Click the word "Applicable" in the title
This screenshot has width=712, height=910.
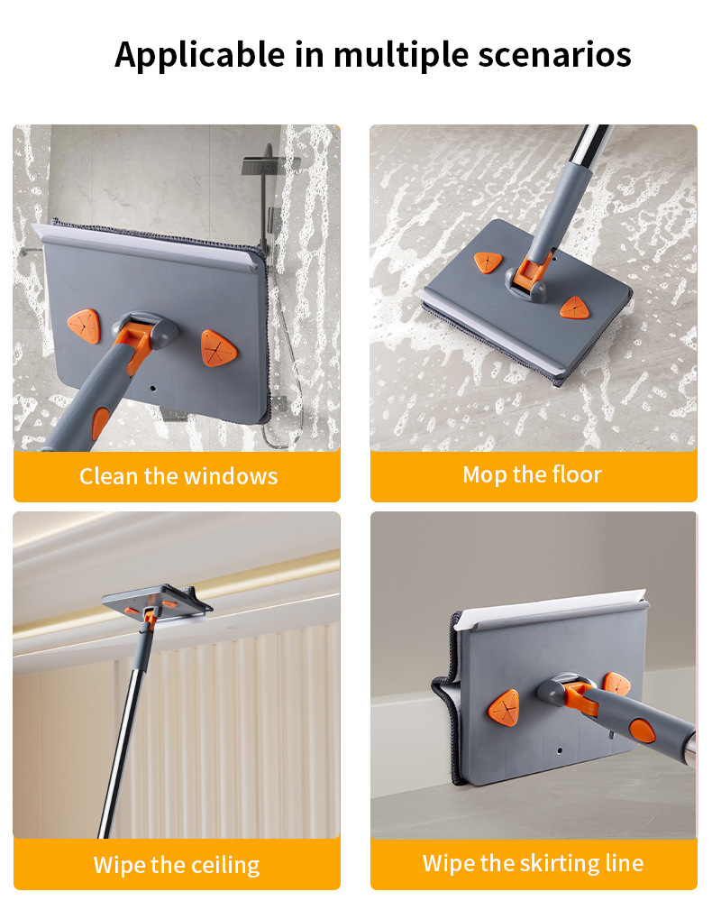(199, 56)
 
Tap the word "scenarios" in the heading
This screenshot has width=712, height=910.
(555, 55)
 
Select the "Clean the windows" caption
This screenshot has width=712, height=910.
(178, 476)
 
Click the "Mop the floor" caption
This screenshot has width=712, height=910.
(533, 474)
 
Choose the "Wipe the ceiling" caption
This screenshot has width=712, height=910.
(177, 865)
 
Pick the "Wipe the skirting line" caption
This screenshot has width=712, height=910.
(534, 863)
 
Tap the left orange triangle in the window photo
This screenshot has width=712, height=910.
(84, 326)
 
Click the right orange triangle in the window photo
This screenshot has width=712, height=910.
(219, 348)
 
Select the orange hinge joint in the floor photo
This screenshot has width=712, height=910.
(532, 271)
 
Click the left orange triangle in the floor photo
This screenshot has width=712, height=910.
(488, 262)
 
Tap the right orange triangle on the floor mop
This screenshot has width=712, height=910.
(575, 308)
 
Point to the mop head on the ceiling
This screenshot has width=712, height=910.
(157, 602)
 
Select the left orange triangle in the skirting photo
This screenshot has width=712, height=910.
(503, 707)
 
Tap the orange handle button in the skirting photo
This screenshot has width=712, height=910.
(643, 731)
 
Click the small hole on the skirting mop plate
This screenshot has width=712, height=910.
(560, 750)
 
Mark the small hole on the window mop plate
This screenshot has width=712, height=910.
(153, 388)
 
